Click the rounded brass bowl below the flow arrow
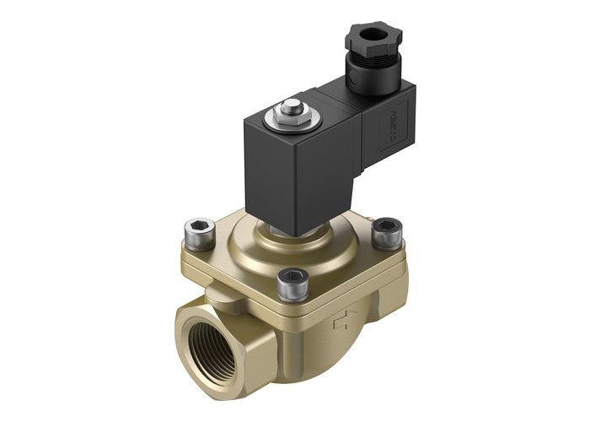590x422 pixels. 354,354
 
